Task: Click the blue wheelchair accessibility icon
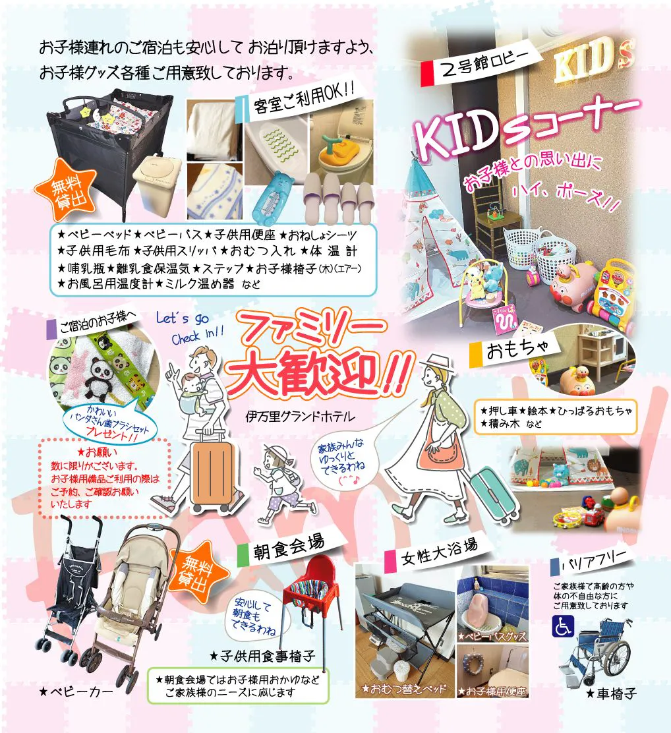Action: tap(562, 626)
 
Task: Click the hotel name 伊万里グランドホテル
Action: tap(300, 416)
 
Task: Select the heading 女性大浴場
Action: tap(440, 552)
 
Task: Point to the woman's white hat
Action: tap(438, 364)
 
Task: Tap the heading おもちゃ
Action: tap(517, 348)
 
